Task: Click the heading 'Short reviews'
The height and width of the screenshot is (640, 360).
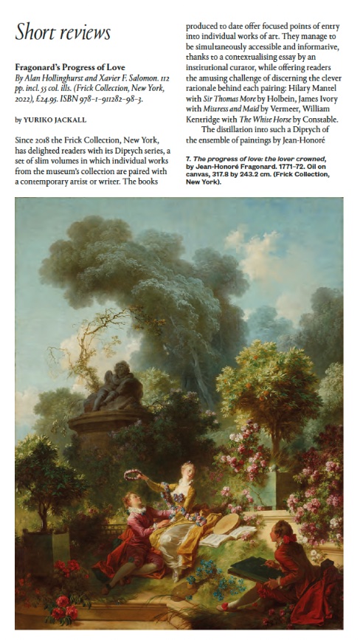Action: [63, 32]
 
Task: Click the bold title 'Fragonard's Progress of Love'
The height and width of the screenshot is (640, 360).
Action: [70, 67]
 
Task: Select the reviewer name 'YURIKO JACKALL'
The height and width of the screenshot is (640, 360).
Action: [55, 118]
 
